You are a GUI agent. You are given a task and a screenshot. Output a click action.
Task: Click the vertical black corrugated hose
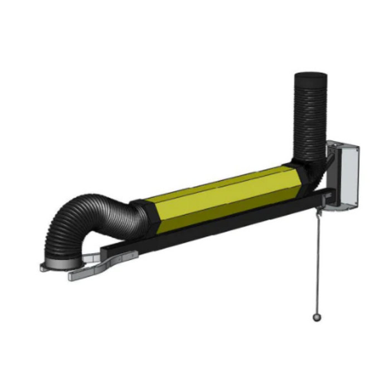310,117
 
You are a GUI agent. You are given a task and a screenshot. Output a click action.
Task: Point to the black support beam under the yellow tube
223,223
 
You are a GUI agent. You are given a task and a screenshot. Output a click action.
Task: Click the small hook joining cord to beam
318,211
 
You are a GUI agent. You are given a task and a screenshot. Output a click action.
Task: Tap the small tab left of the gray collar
43,268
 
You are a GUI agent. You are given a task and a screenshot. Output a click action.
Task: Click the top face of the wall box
343,146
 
